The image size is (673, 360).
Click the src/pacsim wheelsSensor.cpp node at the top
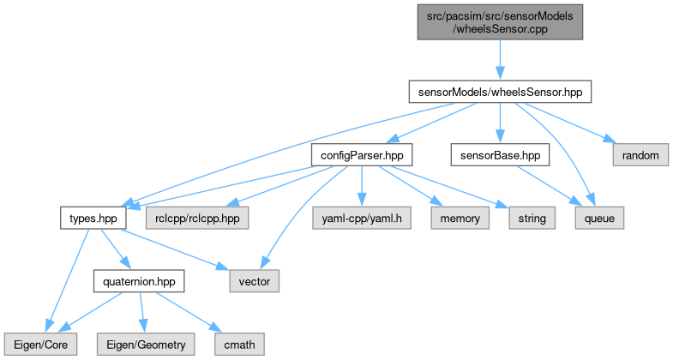click(x=500, y=21)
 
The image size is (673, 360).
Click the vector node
click(x=255, y=280)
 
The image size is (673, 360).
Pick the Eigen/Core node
click(x=40, y=344)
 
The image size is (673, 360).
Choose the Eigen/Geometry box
click(x=145, y=344)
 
